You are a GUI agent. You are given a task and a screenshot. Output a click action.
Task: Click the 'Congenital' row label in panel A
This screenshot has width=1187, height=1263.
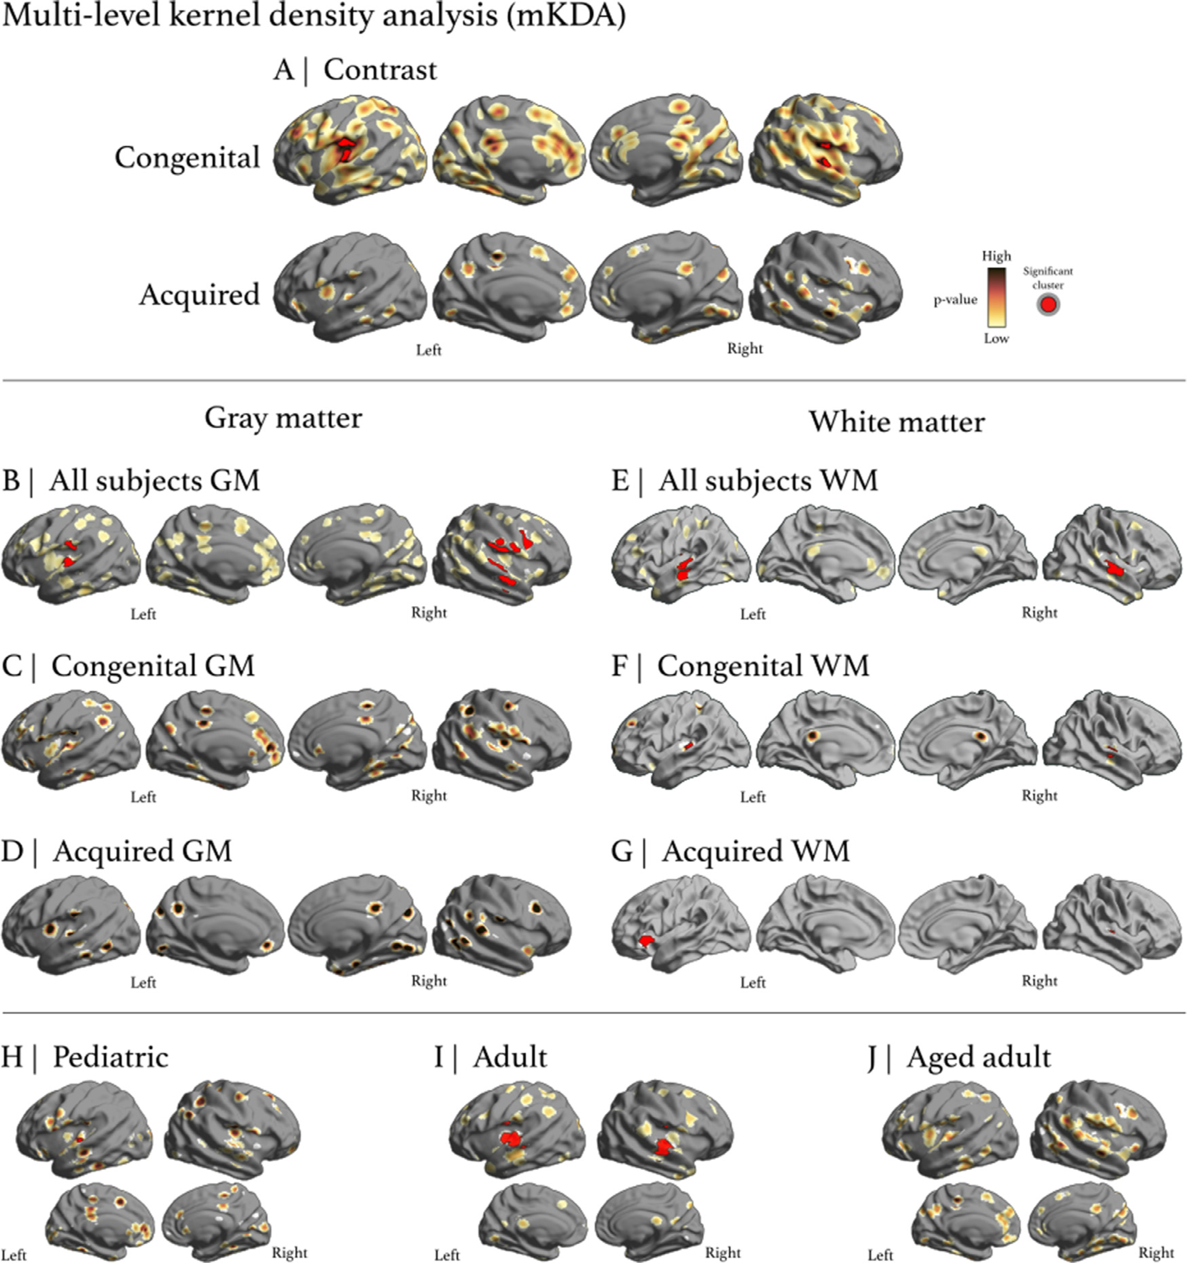click(x=187, y=157)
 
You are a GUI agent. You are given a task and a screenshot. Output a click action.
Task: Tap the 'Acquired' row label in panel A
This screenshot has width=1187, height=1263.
click(x=199, y=295)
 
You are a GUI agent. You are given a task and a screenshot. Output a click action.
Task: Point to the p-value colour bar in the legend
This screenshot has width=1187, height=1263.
click(x=996, y=297)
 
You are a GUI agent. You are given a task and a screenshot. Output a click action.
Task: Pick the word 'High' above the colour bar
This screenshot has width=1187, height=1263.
click(x=996, y=256)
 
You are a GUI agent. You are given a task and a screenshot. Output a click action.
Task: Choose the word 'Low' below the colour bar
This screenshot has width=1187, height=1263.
click(x=996, y=339)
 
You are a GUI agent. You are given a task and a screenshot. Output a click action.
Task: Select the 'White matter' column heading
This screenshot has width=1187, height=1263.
click(x=897, y=422)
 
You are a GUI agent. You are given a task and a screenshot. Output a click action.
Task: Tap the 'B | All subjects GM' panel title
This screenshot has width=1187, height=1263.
click(x=131, y=481)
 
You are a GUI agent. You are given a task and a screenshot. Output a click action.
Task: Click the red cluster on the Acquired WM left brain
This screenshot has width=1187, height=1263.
click(x=646, y=940)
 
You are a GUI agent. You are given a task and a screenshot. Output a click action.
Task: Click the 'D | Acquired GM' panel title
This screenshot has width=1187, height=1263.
click(x=117, y=851)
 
